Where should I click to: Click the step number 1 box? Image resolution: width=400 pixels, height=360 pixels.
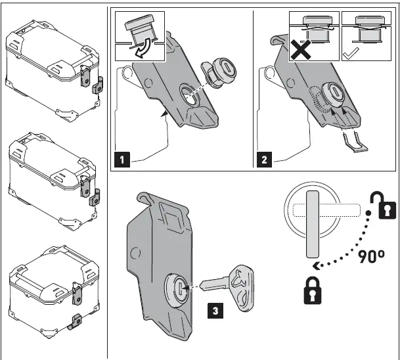tap(121, 157)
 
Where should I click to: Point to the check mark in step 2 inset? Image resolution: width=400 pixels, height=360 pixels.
tap(349, 55)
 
